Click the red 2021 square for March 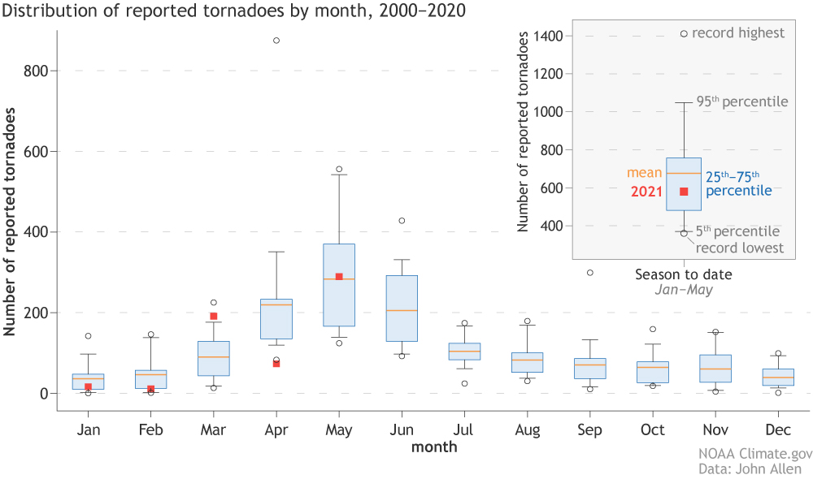[x=214, y=317]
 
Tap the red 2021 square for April [x=276, y=364]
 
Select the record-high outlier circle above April [x=276, y=41]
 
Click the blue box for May [x=339, y=285]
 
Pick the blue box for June [x=402, y=309]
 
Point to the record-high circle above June [x=402, y=221]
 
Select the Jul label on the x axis [x=464, y=429]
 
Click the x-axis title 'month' [x=433, y=447]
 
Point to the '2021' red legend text [x=647, y=192]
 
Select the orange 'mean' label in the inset [x=644, y=173]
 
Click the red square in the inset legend [x=684, y=192]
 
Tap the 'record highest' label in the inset [x=738, y=33]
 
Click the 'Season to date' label [x=684, y=274]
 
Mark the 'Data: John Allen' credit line [x=750, y=468]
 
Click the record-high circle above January [x=88, y=336]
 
